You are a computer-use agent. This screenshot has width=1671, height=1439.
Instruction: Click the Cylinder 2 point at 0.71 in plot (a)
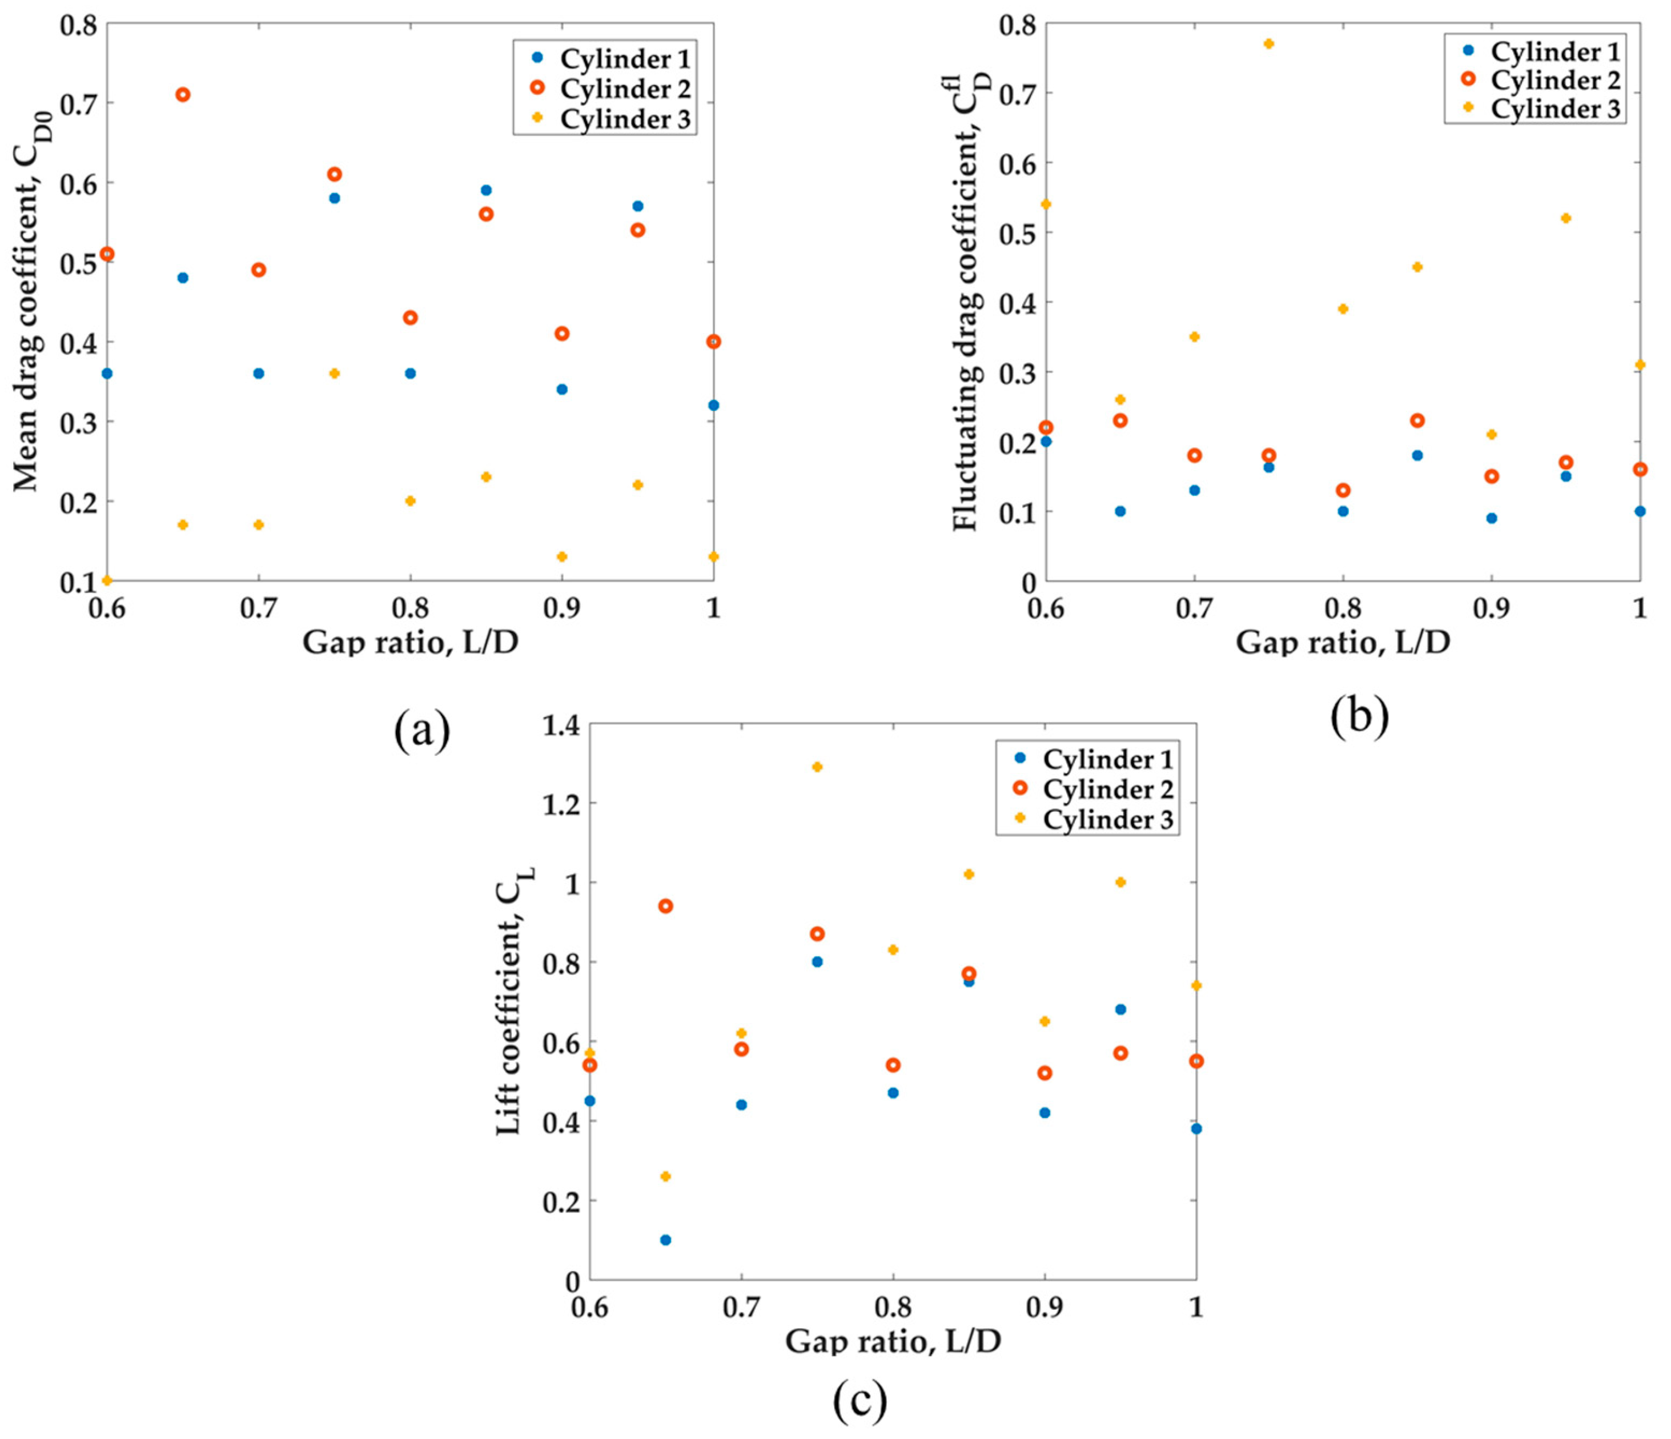click(183, 94)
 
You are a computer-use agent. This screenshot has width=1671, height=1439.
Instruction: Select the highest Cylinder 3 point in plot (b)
click(1268, 43)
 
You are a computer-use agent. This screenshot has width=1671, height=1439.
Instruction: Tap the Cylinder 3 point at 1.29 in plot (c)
click(817, 766)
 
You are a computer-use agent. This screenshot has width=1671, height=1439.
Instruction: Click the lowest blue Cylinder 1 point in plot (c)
click(665, 1240)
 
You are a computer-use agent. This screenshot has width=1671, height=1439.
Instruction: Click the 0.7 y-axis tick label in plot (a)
click(78, 104)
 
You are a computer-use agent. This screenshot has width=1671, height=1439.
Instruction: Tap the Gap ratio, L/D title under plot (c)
click(893, 1341)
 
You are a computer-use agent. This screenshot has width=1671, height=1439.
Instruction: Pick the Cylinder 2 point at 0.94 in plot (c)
click(665, 906)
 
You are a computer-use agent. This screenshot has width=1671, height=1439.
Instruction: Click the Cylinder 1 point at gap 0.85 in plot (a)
click(487, 190)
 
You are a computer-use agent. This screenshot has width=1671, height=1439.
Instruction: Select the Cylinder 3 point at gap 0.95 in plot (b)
click(1566, 218)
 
